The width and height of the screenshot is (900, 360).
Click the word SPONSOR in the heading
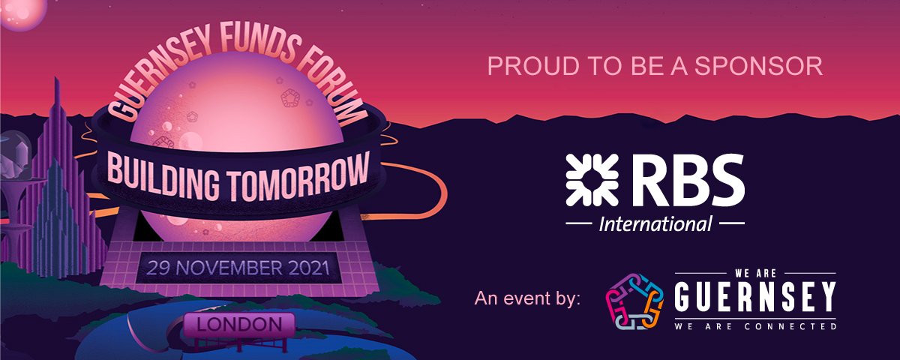click(x=758, y=66)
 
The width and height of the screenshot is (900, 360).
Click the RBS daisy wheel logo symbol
click(x=592, y=180)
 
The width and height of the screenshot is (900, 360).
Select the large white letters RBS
click(x=688, y=180)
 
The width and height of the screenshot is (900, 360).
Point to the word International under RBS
click(x=655, y=223)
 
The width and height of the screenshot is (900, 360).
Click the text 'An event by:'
click(x=527, y=298)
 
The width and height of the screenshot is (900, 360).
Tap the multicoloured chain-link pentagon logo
click(x=634, y=301)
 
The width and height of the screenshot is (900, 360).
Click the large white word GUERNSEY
click(x=755, y=297)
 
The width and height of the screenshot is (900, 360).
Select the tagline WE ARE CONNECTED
click(x=755, y=326)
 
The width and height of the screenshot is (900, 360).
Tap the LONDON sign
click(x=240, y=325)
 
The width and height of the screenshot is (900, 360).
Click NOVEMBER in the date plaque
click(x=229, y=268)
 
